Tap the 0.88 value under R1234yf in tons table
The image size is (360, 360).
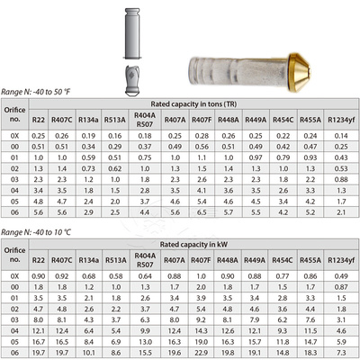point(341,179)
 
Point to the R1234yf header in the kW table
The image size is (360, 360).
point(341,260)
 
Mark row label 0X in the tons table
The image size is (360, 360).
point(13,135)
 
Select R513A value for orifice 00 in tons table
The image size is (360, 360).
point(115,146)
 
